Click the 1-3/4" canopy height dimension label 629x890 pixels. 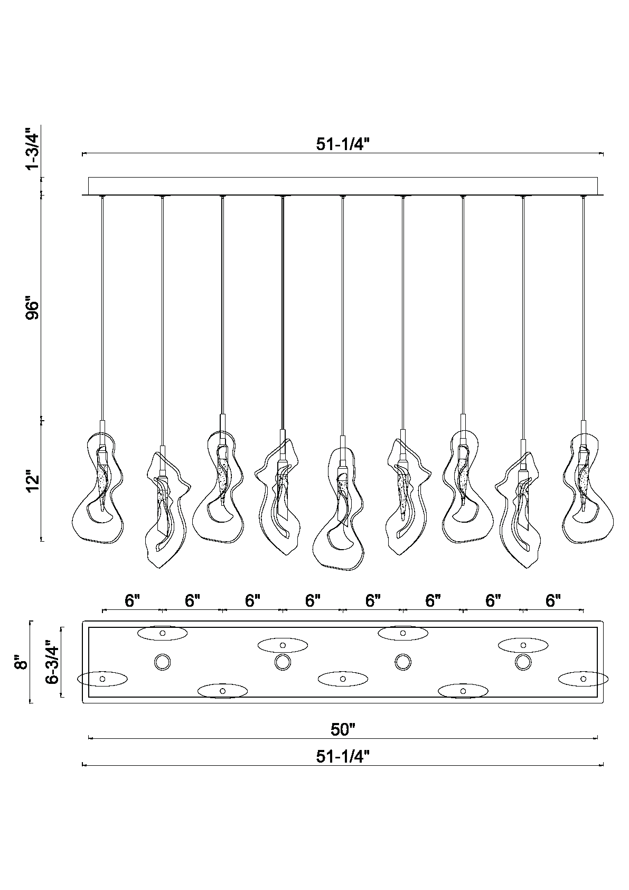[33, 149]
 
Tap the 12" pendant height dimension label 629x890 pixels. [33, 481]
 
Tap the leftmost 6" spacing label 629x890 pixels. [132, 601]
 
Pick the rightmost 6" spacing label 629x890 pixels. [553, 601]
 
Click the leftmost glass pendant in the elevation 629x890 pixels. [98, 488]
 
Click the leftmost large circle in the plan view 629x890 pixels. [163, 662]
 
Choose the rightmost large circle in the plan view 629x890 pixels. [523, 662]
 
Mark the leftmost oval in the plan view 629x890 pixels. [102, 679]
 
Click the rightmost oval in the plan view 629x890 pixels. [584, 679]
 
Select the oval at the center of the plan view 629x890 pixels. [343, 679]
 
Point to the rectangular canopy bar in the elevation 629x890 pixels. [343, 186]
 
